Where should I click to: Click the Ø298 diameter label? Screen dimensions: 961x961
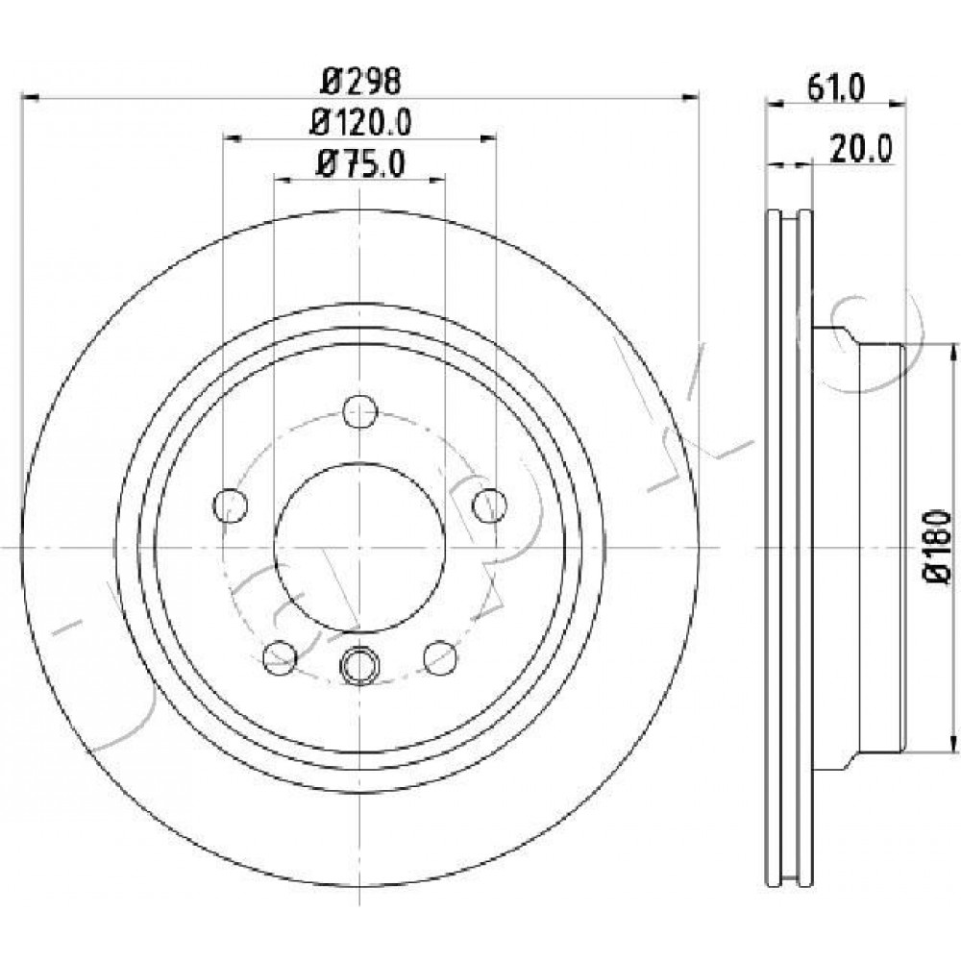361,81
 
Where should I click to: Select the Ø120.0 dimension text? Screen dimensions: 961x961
360,123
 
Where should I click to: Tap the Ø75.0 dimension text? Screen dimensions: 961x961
359,163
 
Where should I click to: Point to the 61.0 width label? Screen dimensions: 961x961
836,88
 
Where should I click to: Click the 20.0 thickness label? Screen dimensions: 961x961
860,148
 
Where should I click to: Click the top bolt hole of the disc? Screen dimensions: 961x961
359,411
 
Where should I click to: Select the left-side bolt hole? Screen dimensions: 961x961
231,505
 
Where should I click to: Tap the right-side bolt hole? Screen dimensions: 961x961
490,505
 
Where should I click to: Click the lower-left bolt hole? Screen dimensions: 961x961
280,657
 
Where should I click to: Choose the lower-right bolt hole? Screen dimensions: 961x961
441,657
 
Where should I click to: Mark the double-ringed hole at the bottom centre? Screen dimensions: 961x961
359,665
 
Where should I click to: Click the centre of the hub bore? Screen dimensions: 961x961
359,546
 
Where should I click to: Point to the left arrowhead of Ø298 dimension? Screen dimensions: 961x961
30,97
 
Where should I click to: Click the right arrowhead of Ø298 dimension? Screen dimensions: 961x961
690,97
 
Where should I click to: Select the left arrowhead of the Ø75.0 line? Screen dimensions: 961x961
283,179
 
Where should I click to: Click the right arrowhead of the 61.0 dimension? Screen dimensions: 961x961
898,104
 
